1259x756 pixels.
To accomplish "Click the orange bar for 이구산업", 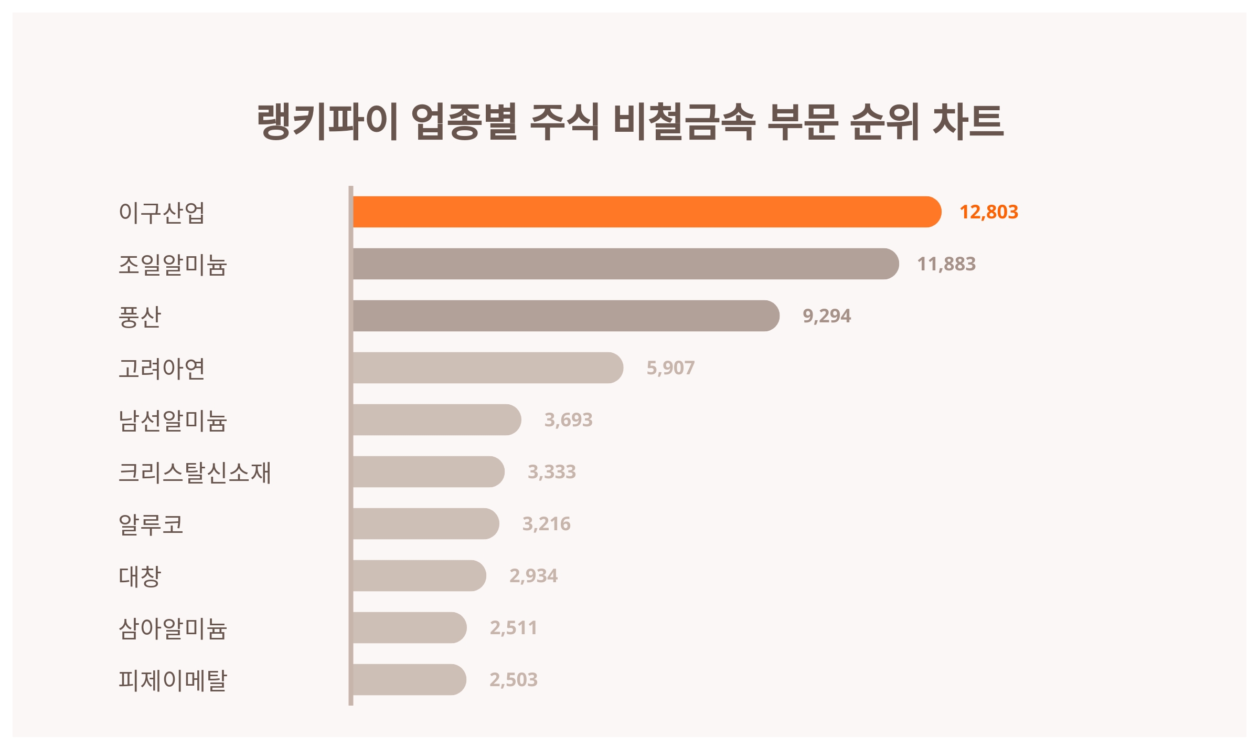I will pyautogui.click(x=646, y=212).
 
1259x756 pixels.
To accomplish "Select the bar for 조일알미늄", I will pyautogui.click(x=625, y=264).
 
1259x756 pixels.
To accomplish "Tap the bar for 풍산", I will pyautogui.click(x=566, y=316).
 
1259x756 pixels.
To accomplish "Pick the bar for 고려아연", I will pyautogui.click(x=488, y=368).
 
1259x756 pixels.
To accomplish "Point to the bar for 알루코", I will pyautogui.click(x=425, y=524).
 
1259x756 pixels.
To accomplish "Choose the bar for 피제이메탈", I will pyautogui.click(x=409, y=680).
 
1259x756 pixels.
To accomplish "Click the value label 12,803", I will pyautogui.click(x=988, y=212).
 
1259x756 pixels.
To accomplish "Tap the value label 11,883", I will pyautogui.click(x=946, y=264).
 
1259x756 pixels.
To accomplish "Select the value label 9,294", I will pyautogui.click(x=827, y=316).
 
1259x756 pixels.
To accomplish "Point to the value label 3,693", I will pyautogui.click(x=568, y=420).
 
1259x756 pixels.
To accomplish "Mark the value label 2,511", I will pyautogui.click(x=514, y=628).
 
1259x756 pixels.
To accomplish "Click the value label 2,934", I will pyautogui.click(x=534, y=576).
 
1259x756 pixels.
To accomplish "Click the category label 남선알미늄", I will pyautogui.click(x=173, y=421).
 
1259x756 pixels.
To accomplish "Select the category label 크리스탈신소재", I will pyautogui.click(x=195, y=472).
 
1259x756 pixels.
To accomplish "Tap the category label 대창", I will pyautogui.click(x=140, y=576).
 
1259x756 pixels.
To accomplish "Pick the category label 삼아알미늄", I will pyautogui.click(x=173, y=628).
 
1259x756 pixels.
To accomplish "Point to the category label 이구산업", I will pyautogui.click(x=162, y=213).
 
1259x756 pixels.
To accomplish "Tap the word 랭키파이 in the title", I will pyautogui.click(x=327, y=122).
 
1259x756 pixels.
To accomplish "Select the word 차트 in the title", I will pyautogui.click(x=968, y=122).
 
